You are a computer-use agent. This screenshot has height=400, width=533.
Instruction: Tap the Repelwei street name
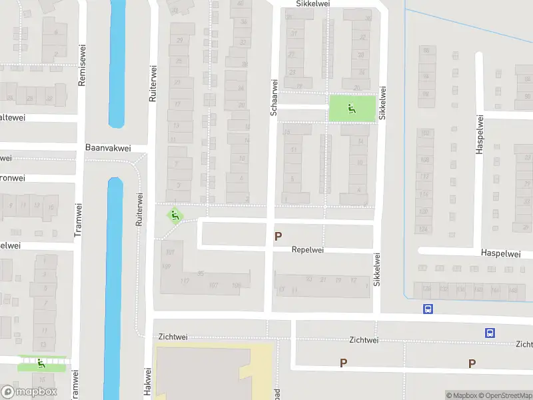pos(307,250)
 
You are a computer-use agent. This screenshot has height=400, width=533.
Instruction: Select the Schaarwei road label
pos(273,97)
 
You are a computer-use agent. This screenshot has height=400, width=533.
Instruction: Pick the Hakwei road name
pos(147,383)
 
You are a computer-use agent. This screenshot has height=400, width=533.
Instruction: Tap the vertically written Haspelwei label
pos(479,134)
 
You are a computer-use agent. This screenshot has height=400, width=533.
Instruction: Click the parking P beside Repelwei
pos(278,236)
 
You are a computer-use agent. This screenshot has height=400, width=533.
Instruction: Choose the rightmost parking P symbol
pos(472,363)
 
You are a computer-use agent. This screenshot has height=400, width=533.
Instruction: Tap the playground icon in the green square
pos(352,107)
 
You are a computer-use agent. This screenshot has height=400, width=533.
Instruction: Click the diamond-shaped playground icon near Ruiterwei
pos(175,215)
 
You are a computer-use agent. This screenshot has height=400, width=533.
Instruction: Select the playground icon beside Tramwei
pos(41,363)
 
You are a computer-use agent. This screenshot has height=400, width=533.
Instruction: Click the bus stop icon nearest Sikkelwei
pos(428,309)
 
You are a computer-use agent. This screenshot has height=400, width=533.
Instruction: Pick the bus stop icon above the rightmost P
pos(490,333)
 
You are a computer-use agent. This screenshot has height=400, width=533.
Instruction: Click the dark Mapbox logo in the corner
pos(29,392)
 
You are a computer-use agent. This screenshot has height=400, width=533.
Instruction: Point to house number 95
pos(200,273)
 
